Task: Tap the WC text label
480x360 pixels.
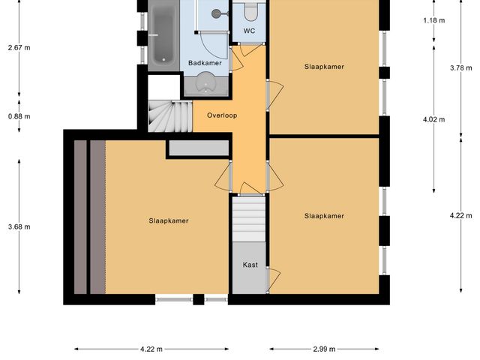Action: coord(249,31)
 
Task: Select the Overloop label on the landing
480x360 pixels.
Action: coord(223,116)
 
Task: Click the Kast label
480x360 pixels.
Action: coord(250,265)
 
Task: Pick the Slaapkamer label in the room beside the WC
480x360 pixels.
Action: coord(324,67)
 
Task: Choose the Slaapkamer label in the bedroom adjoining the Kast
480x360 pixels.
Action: coord(324,216)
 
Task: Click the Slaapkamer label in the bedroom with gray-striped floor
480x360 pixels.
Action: coord(168,220)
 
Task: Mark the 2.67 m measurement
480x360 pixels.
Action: coord(19,48)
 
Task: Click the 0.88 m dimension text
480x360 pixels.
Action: coord(19,116)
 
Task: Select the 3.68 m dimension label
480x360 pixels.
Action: coord(19,226)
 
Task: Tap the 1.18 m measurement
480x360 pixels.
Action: coord(433,20)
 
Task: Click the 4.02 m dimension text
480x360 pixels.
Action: coord(433,119)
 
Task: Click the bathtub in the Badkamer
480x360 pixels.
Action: coord(160,34)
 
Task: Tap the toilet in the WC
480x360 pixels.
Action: coord(250,11)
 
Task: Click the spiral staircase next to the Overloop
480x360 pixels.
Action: coord(162,117)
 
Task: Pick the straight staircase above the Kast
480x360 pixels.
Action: coord(249,217)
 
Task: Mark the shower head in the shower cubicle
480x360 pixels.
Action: coord(217,13)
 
